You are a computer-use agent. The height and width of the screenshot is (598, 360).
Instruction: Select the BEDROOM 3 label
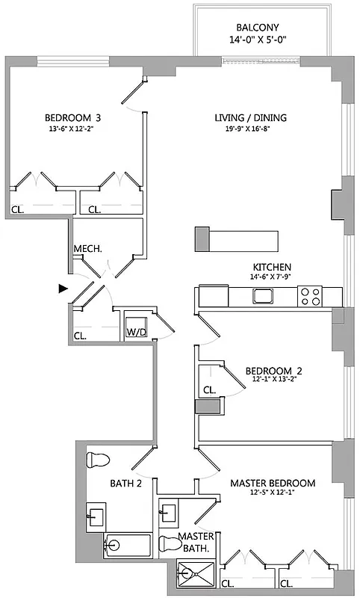point(72,117)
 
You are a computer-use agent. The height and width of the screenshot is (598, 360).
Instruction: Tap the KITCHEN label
point(272,267)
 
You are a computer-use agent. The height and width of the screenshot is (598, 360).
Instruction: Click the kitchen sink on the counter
point(263,297)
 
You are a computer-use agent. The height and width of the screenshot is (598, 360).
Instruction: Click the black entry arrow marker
point(63,287)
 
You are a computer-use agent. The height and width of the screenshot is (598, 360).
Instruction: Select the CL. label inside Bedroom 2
point(210,389)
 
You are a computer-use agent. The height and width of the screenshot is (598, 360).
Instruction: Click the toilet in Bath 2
point(99,459)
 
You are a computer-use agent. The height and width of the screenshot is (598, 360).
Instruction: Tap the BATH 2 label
point(126,484)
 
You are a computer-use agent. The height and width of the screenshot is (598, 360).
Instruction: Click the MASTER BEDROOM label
point(272,483)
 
